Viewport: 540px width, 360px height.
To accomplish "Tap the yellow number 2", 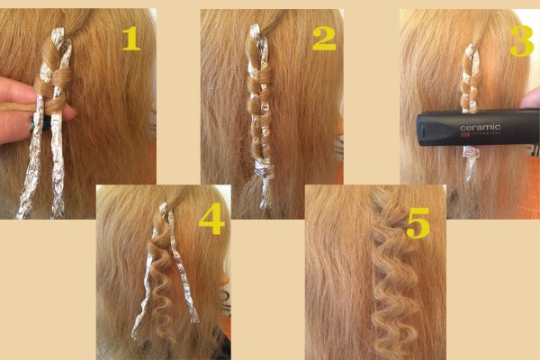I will [x=323, y=37].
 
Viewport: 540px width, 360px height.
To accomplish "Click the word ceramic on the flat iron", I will [x=480, y=128].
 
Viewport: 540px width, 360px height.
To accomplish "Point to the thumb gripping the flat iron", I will [x=531, y=101].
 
